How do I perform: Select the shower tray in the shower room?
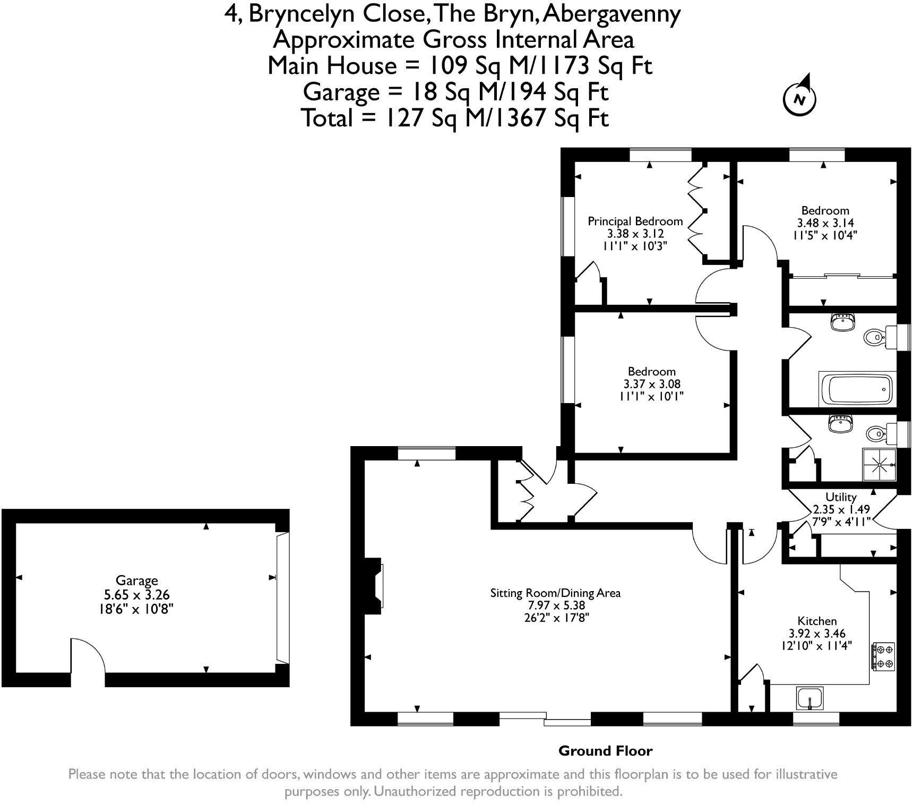click(x=880, y=465)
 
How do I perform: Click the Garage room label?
click(x=137, y=580)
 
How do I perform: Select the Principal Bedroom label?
click(x=635, y=221)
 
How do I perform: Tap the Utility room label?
click(x=841, y=497)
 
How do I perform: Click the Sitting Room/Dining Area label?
click(x=555, y=593)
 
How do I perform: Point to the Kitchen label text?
click(x=817, y=621)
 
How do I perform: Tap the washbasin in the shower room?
click(x=840, y=424)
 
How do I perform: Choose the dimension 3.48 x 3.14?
click(x=824, y=223)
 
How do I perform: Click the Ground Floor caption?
click(x=605, y=750)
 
